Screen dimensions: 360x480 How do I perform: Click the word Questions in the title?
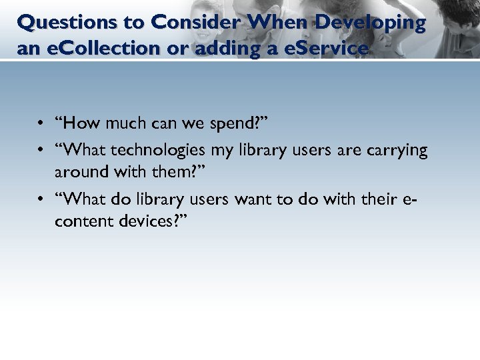click(x=58, y=23)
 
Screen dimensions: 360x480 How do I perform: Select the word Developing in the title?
click(x=370, y=23)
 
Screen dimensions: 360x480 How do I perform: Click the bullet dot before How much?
click(x=41, y=125)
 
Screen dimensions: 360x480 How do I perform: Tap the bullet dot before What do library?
click(x=41, y=199)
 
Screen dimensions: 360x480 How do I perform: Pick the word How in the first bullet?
click(x=78, y=124)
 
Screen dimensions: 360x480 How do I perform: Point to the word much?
click(x=121, y=124)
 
